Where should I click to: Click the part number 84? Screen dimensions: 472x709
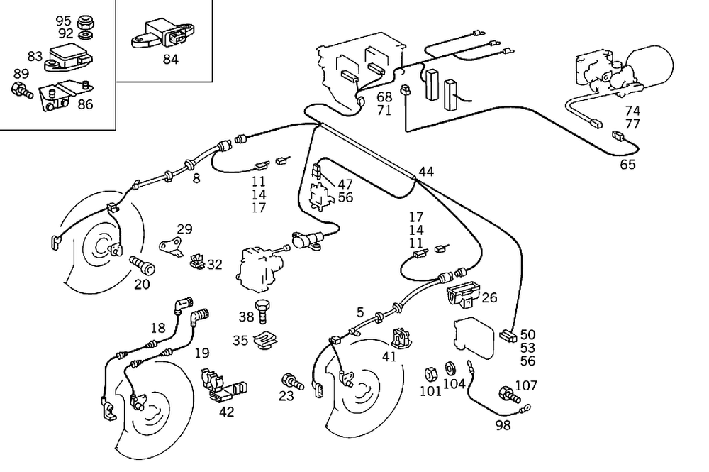point(170,60)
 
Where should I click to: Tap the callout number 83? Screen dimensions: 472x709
point(35,56)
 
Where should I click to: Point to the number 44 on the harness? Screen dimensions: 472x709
point(426,171)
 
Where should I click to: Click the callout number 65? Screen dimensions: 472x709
point(627,165)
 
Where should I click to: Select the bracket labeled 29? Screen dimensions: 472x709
point(169,245)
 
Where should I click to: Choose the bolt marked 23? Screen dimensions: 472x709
point(292,381)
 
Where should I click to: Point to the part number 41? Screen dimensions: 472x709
point(389,356)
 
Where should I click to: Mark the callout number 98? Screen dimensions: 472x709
point(503,425)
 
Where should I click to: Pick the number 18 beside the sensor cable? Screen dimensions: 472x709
point(157,327)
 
